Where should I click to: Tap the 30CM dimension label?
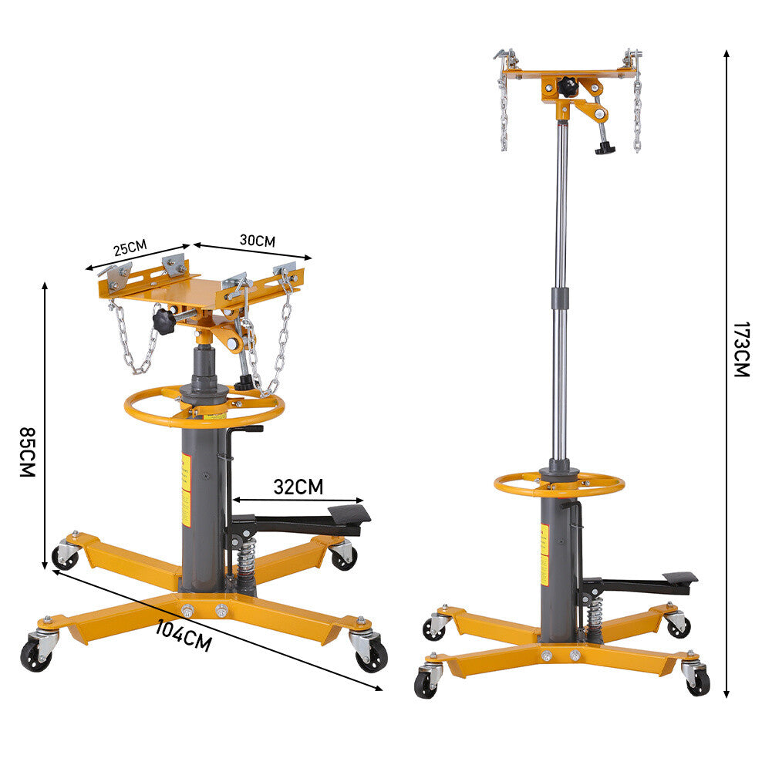[x=257, y=240]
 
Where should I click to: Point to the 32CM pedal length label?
[x=298, y=487]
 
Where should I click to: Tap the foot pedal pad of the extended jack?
[x=679, y=578]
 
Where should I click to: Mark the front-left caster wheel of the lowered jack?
[x=34, y=652]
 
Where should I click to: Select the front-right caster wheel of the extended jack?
[x=697, y=680]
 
